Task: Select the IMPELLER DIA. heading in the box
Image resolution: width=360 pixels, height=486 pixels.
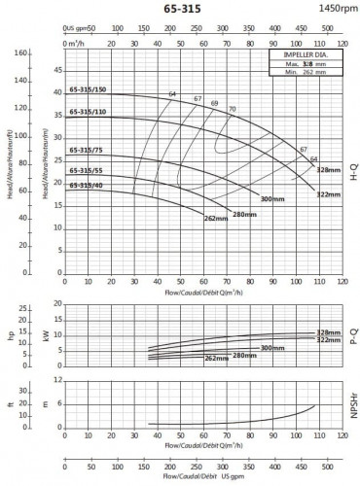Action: pos(305,55)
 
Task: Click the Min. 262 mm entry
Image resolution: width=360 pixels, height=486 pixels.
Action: pos(305,73)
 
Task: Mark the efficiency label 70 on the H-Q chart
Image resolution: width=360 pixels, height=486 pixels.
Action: pos(233,108)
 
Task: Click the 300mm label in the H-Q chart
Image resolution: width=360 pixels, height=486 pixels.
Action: pos(273,199)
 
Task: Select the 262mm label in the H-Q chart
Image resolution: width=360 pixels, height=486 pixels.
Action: pos(216,218)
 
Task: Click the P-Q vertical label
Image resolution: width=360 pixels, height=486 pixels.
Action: pos(353,337)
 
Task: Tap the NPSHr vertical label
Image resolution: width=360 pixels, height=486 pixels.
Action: pos(353,407)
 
